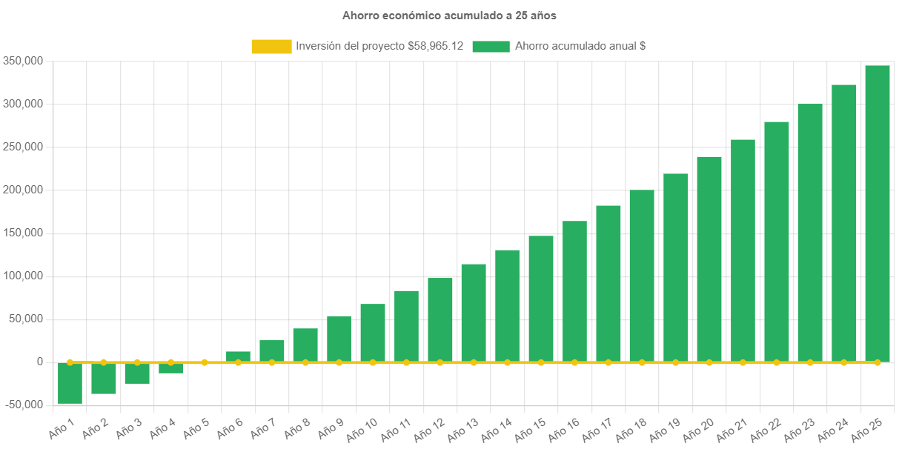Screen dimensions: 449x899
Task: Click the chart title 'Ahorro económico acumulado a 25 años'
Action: tap(449, 15)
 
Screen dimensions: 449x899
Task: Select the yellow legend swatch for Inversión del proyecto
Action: tap(271, 47)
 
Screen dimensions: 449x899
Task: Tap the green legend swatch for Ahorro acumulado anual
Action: tap(490, 47)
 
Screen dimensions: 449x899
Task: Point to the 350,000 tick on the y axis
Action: tap(21, 61)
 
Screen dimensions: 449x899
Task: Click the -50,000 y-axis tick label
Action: tap(21, 405)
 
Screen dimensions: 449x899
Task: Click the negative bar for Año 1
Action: tap(70, 384)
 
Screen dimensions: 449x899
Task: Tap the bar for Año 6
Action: tap(238, 356)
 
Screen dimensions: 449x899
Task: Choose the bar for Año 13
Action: tap(474, 313)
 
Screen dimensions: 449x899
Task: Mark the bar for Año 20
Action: tap(709, 259)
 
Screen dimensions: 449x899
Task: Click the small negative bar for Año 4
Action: tap(170, 369)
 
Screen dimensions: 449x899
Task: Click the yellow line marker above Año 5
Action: tap(205, 362)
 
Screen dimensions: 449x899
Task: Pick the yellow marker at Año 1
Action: tap(70, 362)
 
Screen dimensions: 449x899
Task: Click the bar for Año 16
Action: tap(574, 291)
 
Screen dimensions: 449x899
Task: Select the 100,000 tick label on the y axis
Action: tap(21, 276)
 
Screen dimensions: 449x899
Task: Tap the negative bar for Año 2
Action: tap(104, 379)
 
